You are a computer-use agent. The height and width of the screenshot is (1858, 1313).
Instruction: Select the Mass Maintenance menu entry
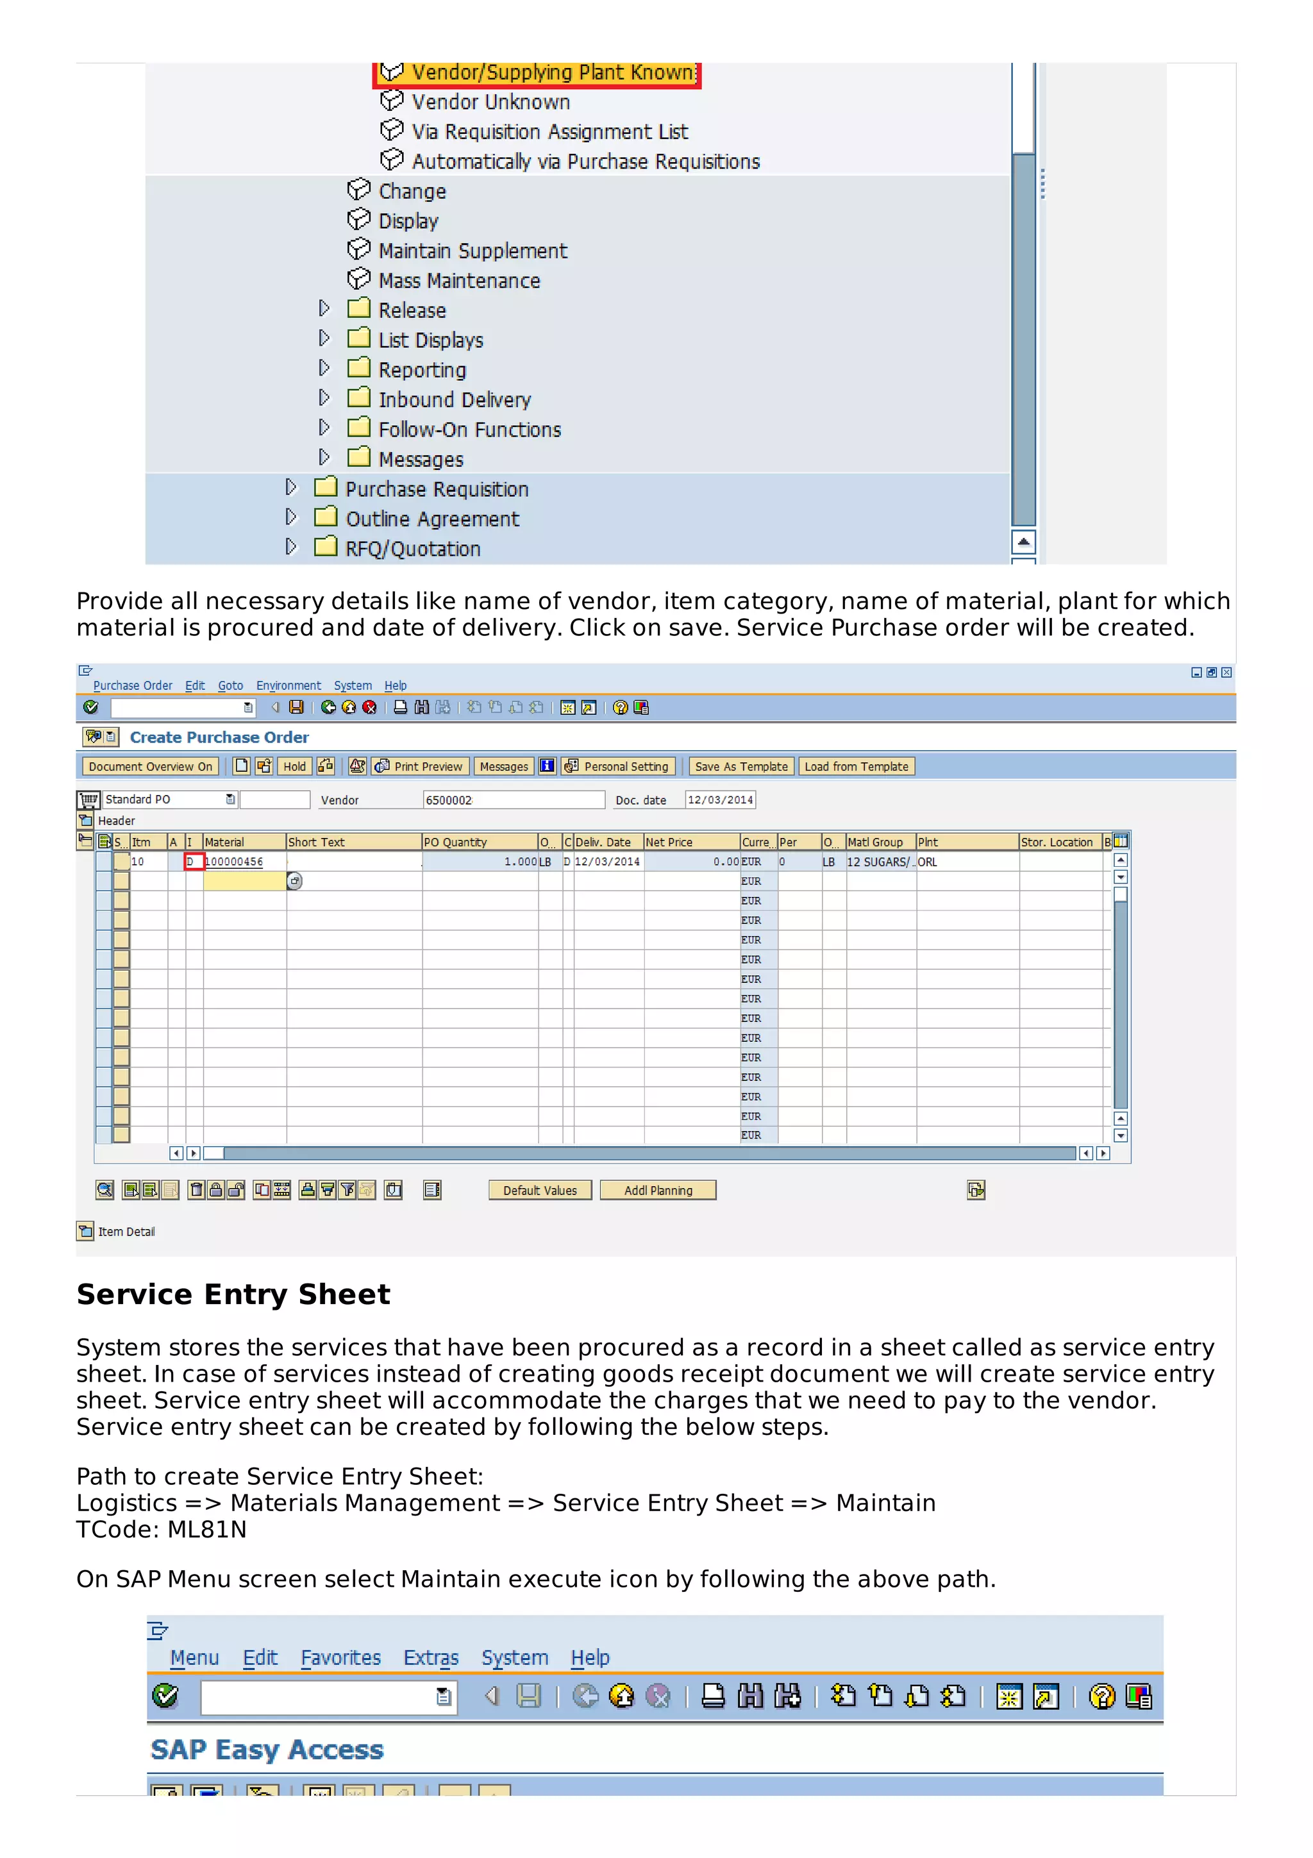[458, 281]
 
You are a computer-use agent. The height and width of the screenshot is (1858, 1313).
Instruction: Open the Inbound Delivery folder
[454, 400]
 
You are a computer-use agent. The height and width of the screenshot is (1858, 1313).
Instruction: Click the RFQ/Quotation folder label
[413, 549]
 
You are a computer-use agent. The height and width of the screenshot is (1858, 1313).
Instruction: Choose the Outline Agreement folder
[432, 519]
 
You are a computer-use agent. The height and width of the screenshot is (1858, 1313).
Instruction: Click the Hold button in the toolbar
[294, 766]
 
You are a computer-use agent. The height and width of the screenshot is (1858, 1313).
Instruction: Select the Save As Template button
[740, 766]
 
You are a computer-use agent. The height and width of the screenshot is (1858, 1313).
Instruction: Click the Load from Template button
[855, 766]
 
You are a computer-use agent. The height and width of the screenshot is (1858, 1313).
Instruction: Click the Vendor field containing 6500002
[513, 799]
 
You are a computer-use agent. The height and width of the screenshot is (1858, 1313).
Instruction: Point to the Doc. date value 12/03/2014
[719, 799]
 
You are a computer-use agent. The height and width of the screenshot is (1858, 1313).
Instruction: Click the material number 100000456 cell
[235, 862]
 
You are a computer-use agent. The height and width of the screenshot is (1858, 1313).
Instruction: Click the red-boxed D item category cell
[192, 862]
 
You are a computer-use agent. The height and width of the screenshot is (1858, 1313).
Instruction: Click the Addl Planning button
[657, 1191]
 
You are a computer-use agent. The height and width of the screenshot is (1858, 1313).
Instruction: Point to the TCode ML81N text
[162, 1530]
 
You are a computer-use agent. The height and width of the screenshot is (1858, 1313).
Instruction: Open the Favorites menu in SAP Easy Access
[340, 1657]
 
